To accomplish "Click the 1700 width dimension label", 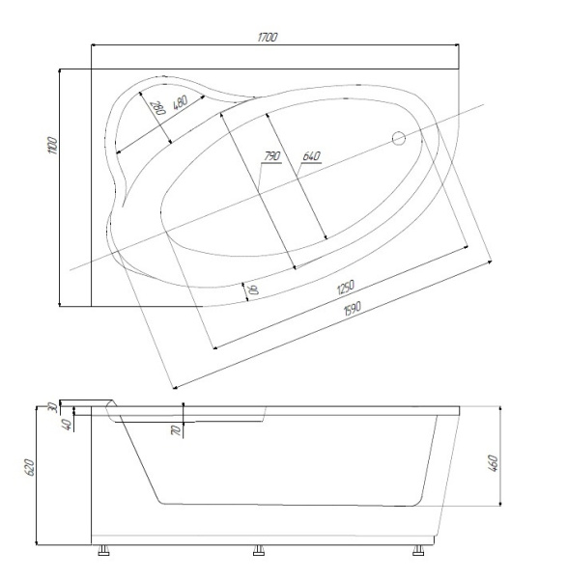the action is (x=268, y=38).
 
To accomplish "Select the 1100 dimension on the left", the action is (x=53, y=146).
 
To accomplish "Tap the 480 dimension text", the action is (x=180, y=102).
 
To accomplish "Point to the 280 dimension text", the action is (x=158, y=108).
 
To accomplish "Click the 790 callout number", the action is (x=272, y=156).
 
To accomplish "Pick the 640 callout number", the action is (x=311, y=156).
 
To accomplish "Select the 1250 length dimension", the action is (x=346, y=287).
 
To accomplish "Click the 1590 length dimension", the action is (x=352, y=309).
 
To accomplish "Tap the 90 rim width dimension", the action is (x=255, y=289).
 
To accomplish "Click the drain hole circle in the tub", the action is (x=399, y=138).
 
